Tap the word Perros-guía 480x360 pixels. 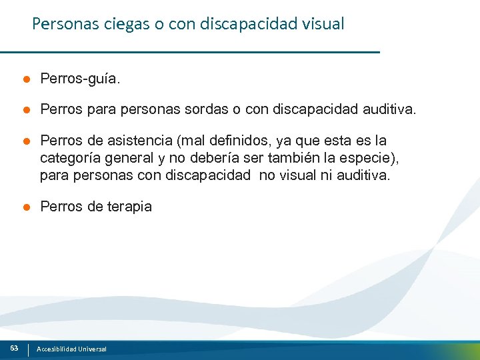tap(81, 79)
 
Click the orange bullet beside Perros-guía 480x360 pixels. tap(25, 79)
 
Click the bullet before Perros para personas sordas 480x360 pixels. tap(25, 109)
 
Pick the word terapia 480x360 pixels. tap(129, 207)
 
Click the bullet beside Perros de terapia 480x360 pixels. tap(25, 207)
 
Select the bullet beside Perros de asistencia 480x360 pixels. tap(25, 141)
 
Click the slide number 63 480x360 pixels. tap(14, 348)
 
